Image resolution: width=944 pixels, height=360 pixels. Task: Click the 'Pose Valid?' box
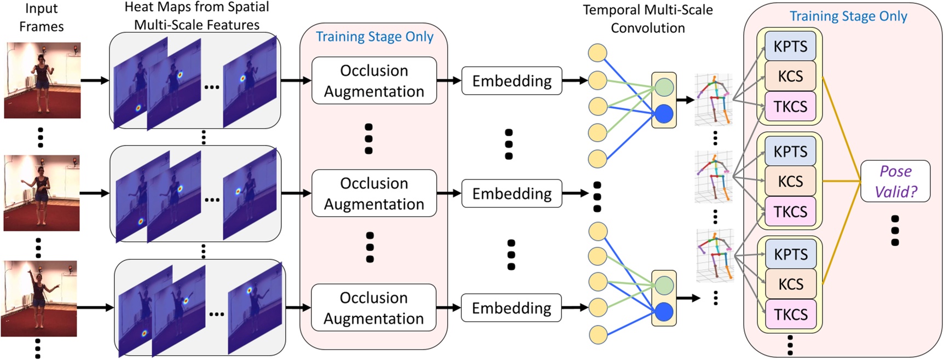895,181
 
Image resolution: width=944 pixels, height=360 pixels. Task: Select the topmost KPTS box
790,47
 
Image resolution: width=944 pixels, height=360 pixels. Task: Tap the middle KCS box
790,181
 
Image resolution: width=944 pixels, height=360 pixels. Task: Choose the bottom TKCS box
790,315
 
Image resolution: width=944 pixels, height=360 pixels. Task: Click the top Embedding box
512,81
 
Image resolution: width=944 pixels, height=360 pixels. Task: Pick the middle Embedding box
512,194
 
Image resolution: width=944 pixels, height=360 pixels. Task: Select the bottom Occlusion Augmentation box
374,308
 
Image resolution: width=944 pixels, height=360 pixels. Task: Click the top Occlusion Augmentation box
374,81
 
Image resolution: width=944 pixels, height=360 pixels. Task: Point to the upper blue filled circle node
664,114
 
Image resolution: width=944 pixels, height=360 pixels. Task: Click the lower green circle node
664,285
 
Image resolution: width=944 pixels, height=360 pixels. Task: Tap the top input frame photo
42,80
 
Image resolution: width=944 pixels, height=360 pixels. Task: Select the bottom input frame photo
39,299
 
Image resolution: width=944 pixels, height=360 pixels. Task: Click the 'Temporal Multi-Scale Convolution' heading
647,19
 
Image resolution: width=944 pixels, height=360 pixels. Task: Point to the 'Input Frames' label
41,18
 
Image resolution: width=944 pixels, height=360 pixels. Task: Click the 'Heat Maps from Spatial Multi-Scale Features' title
197,16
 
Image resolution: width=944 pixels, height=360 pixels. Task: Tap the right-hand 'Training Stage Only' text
848,16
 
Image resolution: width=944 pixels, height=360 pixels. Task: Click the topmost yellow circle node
597,54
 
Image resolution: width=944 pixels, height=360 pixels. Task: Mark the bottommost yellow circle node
598,333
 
